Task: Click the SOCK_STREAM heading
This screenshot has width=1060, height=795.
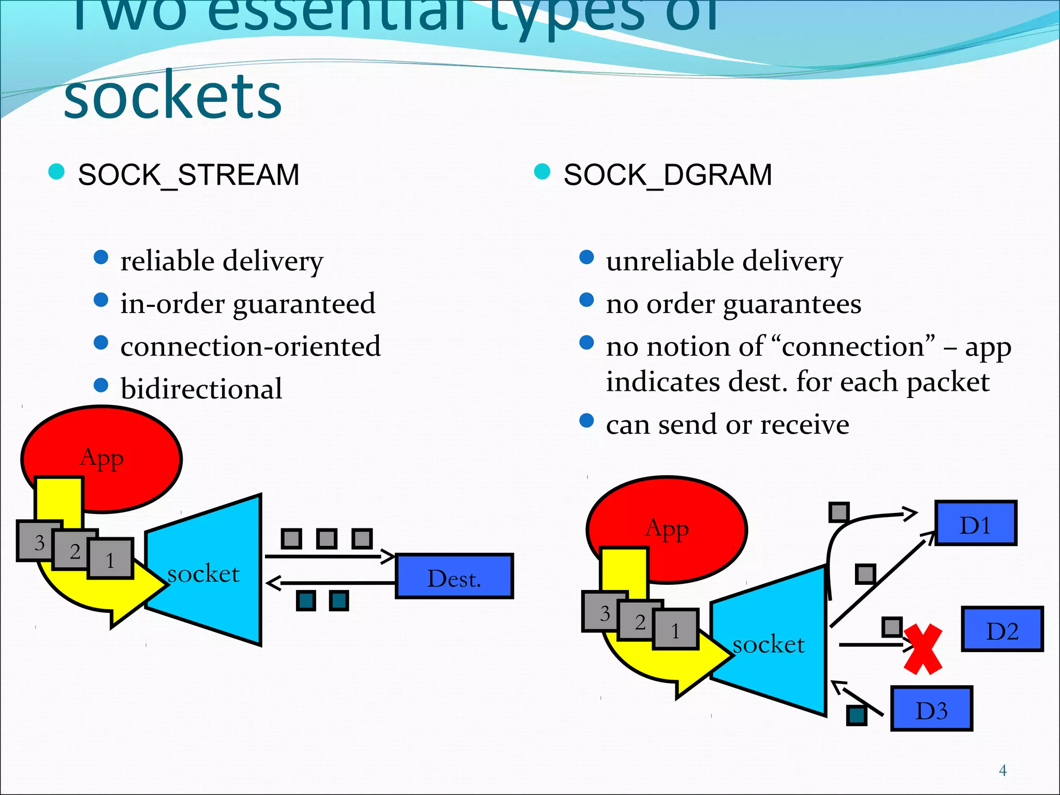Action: (188, 175)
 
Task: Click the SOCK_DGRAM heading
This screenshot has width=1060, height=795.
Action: (667, 175)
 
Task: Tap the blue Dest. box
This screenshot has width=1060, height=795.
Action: (454, 577)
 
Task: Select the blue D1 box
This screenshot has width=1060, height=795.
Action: (975, 523)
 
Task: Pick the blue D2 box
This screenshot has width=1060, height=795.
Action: (1002, 629)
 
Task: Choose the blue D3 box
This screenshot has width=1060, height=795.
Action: (931, 709)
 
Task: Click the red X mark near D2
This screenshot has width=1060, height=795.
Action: (923, 649)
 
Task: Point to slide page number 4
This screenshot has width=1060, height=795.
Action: (1003, 771)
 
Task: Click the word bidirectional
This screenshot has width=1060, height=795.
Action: (201, 389)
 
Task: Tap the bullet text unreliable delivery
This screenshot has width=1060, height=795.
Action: (724, 261)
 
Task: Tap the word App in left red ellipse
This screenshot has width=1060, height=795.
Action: (102, 458)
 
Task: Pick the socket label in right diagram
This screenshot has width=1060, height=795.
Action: (769, 644)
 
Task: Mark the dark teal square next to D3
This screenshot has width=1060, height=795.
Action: (857, 715)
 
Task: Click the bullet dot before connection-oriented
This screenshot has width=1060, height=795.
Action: (101, 343)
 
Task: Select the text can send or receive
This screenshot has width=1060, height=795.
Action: (727, 424)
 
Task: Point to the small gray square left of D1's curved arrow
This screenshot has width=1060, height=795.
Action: (838, 512)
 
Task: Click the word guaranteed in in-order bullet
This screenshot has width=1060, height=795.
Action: (304, 304)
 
